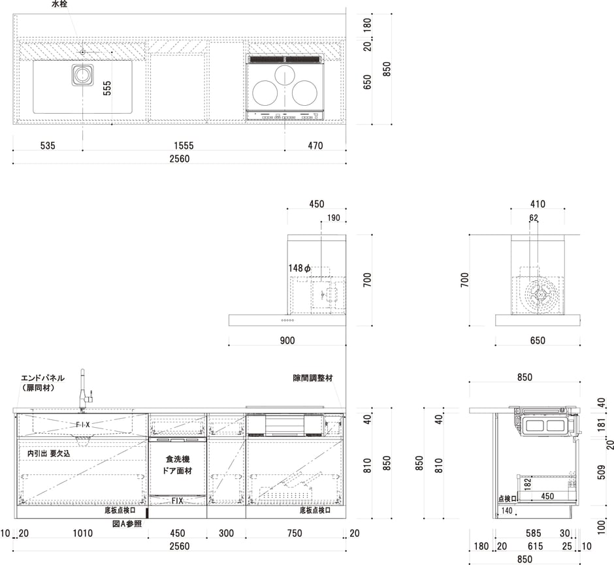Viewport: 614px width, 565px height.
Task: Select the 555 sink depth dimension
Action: (x=107, y=88)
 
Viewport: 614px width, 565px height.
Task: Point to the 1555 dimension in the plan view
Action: (x=183, y=146)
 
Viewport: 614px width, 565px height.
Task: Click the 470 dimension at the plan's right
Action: (x=315, y=146)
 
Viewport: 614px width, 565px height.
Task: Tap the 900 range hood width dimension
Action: (x=287, y=340)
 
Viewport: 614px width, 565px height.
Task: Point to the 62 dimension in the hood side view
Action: (x=534, y=218)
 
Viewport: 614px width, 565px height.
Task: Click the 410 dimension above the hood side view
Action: (x=538, y=204)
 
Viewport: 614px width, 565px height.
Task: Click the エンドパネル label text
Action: (x=42, y=378)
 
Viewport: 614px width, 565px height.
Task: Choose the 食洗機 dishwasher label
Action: (x=178, y=459)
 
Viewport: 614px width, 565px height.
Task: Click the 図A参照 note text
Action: (x=127, y=524)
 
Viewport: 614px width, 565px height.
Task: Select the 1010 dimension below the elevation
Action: (x=82, y=534)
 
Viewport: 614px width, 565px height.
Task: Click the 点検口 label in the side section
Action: (x=507, y=498)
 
